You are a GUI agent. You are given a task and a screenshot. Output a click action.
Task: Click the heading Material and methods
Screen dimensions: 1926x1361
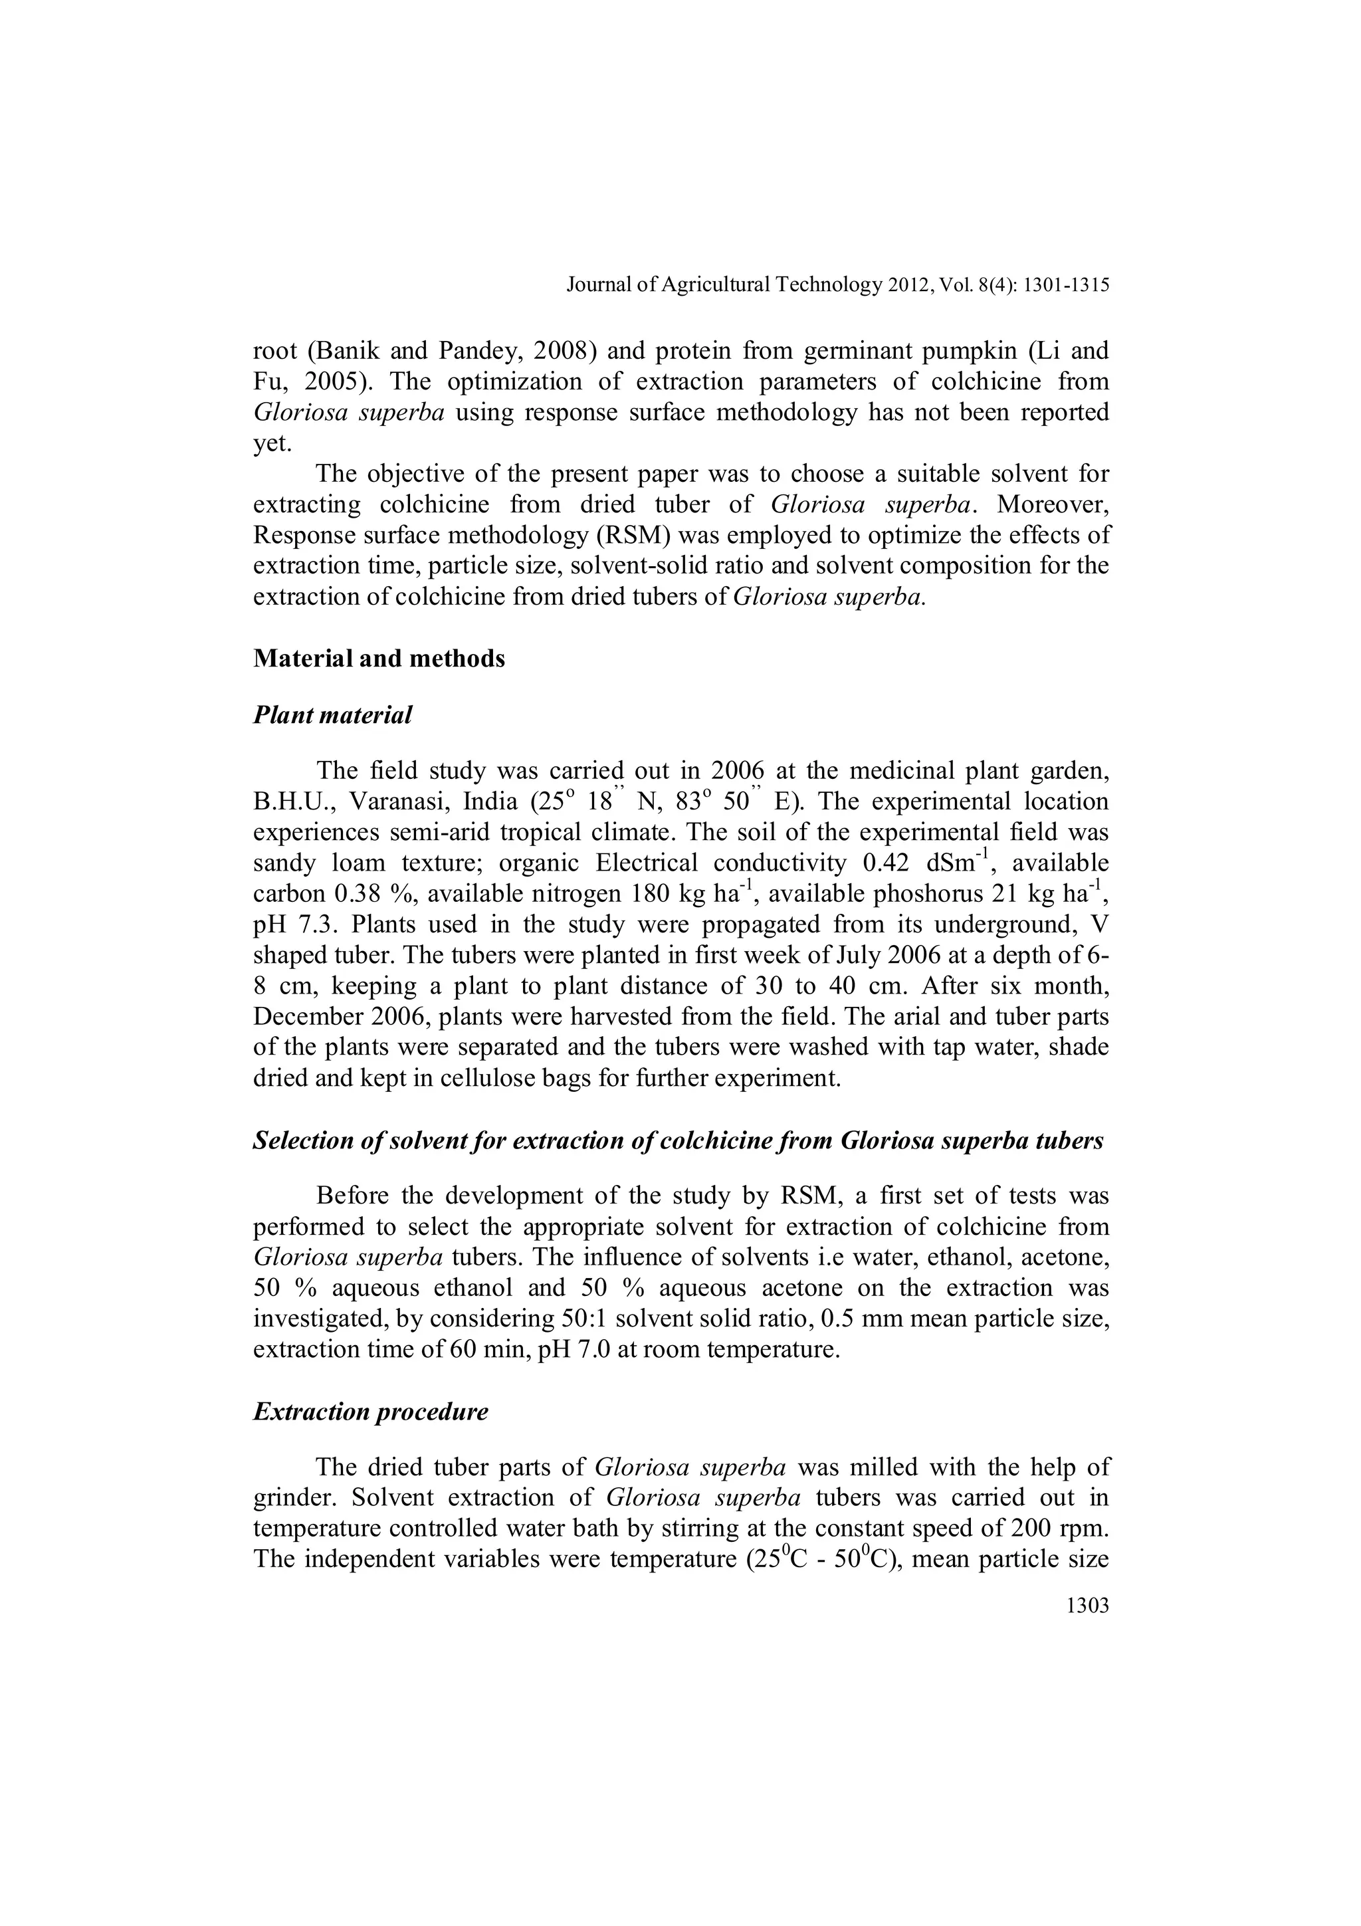[x=379, y=659]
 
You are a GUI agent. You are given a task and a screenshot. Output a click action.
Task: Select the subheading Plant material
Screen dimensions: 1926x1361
[x=333, y=716]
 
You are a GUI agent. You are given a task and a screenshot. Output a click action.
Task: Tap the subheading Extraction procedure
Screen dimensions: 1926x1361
[x=371, y=1412]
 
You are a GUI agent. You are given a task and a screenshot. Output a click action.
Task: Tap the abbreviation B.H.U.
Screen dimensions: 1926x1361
[x=294, y=802]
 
